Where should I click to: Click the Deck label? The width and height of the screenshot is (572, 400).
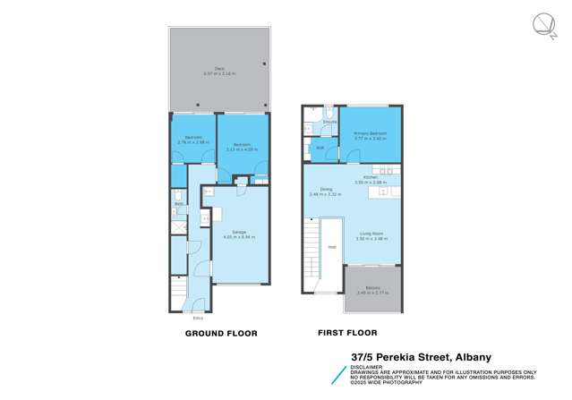tap(219, 67)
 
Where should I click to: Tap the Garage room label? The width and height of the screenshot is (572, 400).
tap(239, 232)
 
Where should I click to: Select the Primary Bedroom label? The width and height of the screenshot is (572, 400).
tap(370, 133)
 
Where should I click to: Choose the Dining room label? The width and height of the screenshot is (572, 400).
tap(327, 189)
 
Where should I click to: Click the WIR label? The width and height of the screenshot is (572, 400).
tap(320, 149)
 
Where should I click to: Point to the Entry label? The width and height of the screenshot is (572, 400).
tap(198, 318)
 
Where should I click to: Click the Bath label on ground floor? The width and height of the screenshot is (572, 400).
tap(179, 204)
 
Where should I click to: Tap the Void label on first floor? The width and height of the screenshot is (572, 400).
tap(332, 247)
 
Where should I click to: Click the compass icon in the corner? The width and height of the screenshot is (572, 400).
tap(543, 25)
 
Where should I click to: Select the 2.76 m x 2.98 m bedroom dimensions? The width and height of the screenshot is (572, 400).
tap(194, 141)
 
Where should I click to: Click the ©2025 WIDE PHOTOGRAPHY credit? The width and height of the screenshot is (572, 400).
tap(389, 381)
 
